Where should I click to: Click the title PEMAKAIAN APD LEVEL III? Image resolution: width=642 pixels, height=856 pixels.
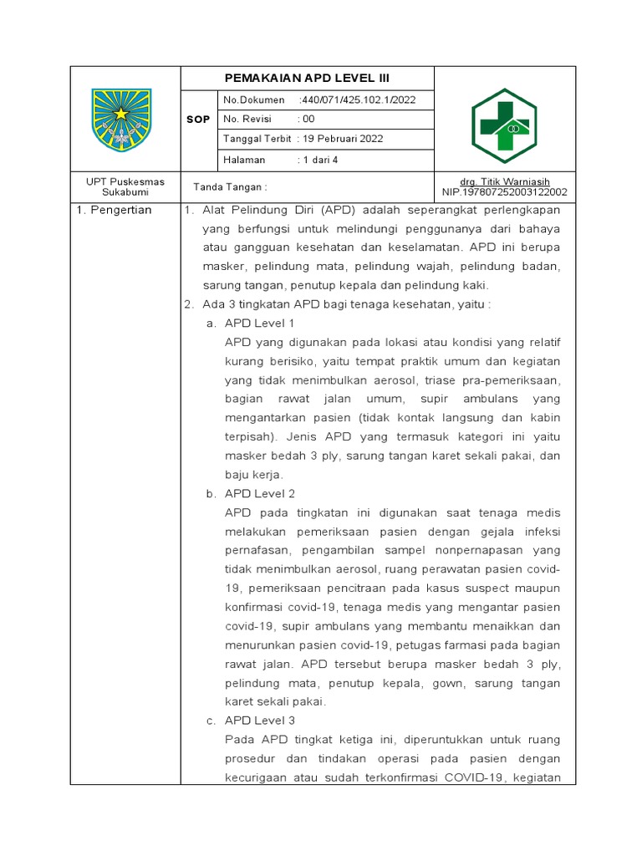point(308,79)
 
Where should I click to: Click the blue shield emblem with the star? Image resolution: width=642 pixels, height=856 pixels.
point(121,120)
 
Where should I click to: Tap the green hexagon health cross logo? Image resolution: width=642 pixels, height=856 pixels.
point(506,125)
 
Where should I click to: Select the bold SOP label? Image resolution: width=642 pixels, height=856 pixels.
point(198,120)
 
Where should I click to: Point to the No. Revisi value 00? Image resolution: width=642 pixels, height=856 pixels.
point(308,120)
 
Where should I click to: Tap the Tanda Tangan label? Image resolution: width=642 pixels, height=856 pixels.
point(230,187)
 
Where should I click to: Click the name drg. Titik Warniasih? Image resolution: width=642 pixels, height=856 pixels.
point(505,181)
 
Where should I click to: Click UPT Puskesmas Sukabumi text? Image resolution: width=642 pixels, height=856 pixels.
point(125,186)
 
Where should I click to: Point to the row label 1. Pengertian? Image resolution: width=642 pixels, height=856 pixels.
point(115,210)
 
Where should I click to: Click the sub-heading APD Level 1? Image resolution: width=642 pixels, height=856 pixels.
point(260,323)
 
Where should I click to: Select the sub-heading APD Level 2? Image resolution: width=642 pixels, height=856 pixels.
point(260,493)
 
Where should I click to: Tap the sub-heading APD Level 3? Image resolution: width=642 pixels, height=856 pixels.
point(260,720)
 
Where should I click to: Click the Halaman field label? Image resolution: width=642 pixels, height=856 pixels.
point(244,159)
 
